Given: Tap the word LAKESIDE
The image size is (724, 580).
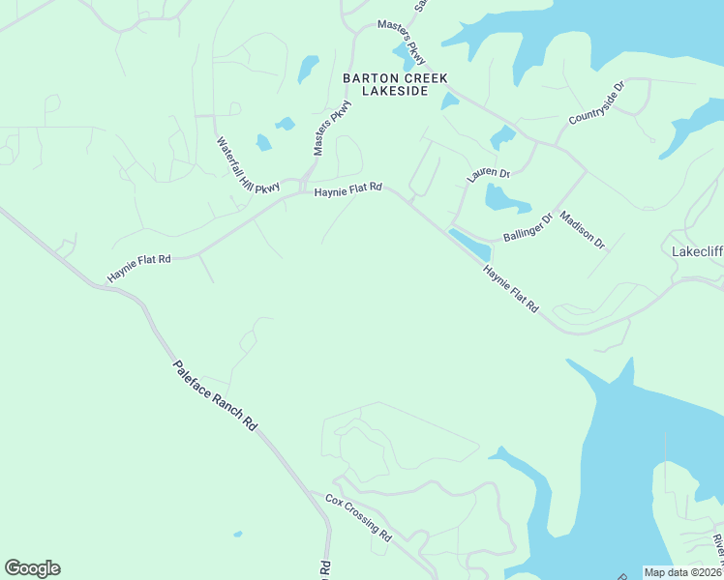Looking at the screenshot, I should click(x=385, y=91).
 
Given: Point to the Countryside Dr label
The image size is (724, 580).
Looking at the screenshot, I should click(x=597, y=103).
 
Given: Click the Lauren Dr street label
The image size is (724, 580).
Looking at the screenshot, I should click(x=488, y=175).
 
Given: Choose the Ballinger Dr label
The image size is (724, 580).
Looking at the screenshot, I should click(x=527, y=228).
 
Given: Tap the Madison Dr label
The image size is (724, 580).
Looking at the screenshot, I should click(x=582, y=231).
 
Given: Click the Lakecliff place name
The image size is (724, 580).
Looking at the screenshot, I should click(x=697, y=251).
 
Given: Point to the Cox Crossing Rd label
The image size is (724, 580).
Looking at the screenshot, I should click(x=358, y=518).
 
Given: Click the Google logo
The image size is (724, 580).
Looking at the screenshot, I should click(x=32, y=568).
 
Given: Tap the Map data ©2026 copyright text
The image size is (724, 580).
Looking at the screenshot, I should click(x=683, y=571).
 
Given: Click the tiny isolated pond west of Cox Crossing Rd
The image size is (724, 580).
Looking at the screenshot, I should click(x=238, y=534).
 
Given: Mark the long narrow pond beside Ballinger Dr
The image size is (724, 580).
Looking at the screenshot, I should click(x=470, y=245).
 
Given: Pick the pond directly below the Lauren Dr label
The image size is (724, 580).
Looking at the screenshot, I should click(x=505, y=200).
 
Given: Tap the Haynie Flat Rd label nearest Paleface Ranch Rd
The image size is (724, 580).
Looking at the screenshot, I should click(x=139, y=268).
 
